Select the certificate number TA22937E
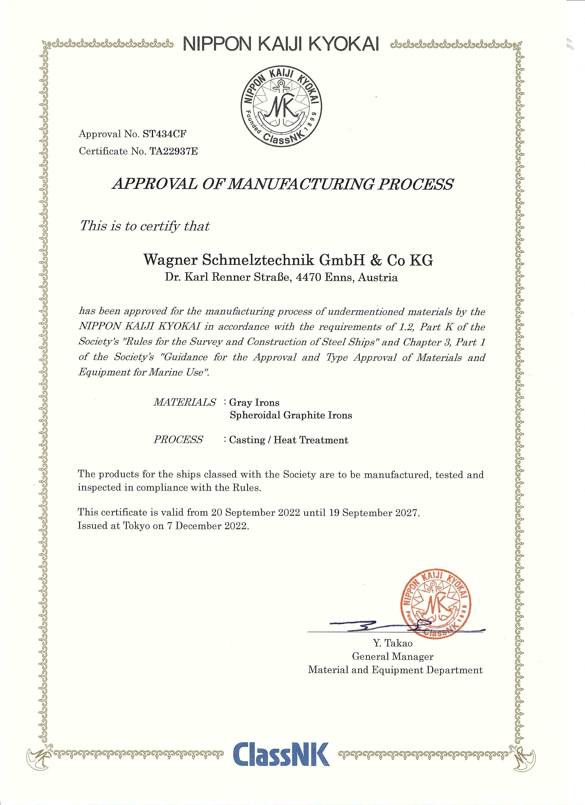coord(172,151)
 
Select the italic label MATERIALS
coord(184,402)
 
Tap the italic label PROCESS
coord(178,440)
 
